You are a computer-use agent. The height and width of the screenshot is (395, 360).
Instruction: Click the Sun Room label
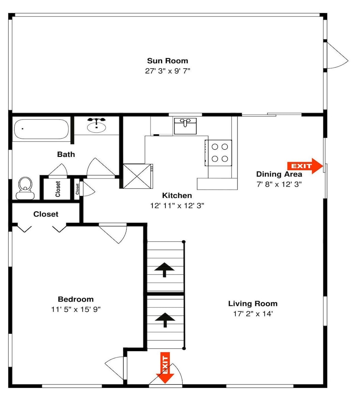[x=167, y=61]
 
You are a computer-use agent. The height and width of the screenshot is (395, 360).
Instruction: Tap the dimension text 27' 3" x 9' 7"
[x=167, y=71]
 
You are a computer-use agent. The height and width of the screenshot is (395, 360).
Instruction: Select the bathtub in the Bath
[x=41, y=129]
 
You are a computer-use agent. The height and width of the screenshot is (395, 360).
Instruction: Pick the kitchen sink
[x=185, y=126]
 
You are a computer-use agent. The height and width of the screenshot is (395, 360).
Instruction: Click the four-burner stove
[x=218, y=153]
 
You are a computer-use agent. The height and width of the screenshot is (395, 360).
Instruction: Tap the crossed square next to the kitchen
[x=137, y=176]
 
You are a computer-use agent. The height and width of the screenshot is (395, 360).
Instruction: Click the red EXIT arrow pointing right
[x=305, y=166]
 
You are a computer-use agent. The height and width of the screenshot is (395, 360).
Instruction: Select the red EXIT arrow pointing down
[x=165, y=368]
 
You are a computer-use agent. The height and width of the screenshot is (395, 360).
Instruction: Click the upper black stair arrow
[x=164, y=269]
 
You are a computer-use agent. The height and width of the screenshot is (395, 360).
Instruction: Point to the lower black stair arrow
[x=165, y=320]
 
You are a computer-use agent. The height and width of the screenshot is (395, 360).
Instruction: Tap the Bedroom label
[x=76, y=299]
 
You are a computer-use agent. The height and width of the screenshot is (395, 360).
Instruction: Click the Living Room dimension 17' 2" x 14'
[x=253, y=314]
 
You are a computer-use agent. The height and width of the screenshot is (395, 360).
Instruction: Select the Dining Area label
[x=279, y=174]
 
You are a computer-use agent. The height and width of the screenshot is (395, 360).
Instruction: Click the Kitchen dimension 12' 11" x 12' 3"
[x=177, y=205]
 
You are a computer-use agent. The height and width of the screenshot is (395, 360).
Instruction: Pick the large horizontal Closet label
[x=46, y=214]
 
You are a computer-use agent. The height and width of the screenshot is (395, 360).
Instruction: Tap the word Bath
[x=66, y=154]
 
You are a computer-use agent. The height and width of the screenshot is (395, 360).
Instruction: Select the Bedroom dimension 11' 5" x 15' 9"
[x=76, y=309]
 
